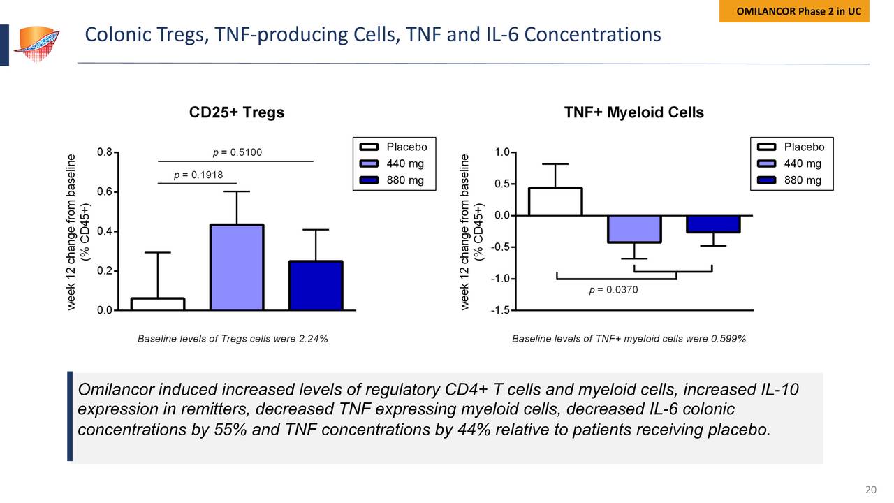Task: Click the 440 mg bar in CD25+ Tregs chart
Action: [x=237, y=267]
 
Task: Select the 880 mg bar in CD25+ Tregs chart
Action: [x=316, y=285]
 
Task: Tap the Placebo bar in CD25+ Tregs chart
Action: [x=158, y=304]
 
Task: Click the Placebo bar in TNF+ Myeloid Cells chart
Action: [x=555, y=202]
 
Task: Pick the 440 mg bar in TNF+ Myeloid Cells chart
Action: [x=634, y=228]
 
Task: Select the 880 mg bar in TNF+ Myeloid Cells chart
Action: [x=712, y=224]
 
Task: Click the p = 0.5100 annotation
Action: [x=237, y=152]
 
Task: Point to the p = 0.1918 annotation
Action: [x=198, y=175]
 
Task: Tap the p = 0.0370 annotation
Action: [x=614, y=289]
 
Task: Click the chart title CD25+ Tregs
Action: [x=237, y=112]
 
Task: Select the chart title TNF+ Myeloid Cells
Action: [x=633, y=112]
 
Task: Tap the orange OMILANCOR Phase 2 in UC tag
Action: [x=794, y=12]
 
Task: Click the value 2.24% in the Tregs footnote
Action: [x=312, y=339]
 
